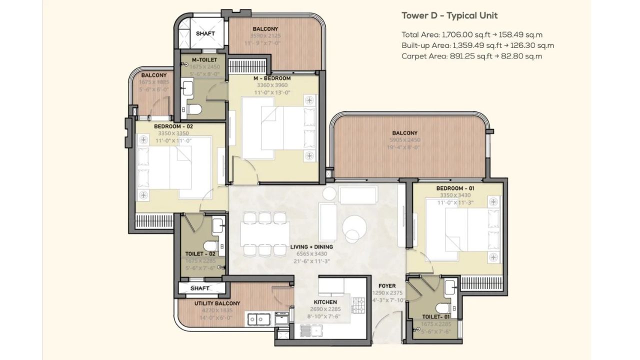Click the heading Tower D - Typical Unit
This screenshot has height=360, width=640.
point(449,15)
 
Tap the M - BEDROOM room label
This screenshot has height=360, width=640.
point(272,78)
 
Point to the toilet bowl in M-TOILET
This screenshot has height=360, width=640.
point(195,109)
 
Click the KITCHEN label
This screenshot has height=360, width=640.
point(325,302)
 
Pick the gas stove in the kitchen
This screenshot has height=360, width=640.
point(358,304)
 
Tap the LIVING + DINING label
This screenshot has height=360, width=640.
point(311,247)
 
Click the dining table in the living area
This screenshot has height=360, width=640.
point(264,232)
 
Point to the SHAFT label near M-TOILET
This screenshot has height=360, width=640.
point(205,33)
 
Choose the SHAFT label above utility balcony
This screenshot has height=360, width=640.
point(200,288)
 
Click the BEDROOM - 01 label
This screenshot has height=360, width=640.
point(455,188)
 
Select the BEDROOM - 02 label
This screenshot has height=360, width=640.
point(173,127)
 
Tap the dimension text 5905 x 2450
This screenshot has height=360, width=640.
point(404,140)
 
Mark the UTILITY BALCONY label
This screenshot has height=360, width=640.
point(217,303)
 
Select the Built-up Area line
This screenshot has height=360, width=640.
point(477,45)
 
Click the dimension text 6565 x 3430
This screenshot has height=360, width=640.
point(311,254)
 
